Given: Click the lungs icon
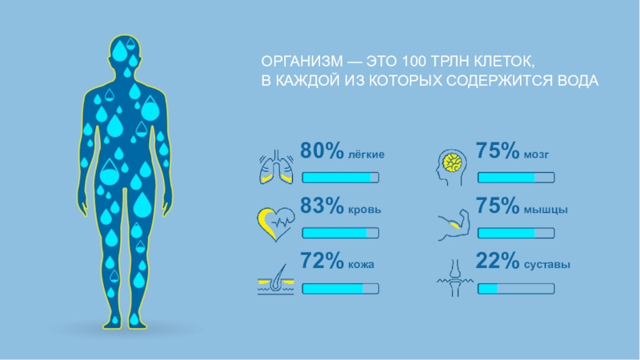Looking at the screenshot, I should (x=274, y=166).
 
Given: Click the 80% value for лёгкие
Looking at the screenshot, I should (x=322, y=151).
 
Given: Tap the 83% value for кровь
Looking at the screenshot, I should (x=322, y=206).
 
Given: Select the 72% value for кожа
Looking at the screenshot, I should (x=322, y=262).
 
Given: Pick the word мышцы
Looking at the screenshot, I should (x=546, y=210).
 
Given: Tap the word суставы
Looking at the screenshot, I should (x=547, y=265).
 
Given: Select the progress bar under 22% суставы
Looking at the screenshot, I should (x=515, y=289).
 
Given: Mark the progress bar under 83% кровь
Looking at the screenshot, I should (x=340, y=234).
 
